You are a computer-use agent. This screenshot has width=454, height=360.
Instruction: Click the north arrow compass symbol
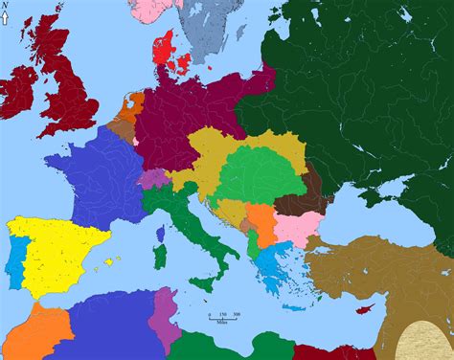[x=6, y=11]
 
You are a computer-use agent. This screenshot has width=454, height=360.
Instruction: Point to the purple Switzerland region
[x=152, y=178]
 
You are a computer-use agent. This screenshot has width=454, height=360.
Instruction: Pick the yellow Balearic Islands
[x=112, y=261]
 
